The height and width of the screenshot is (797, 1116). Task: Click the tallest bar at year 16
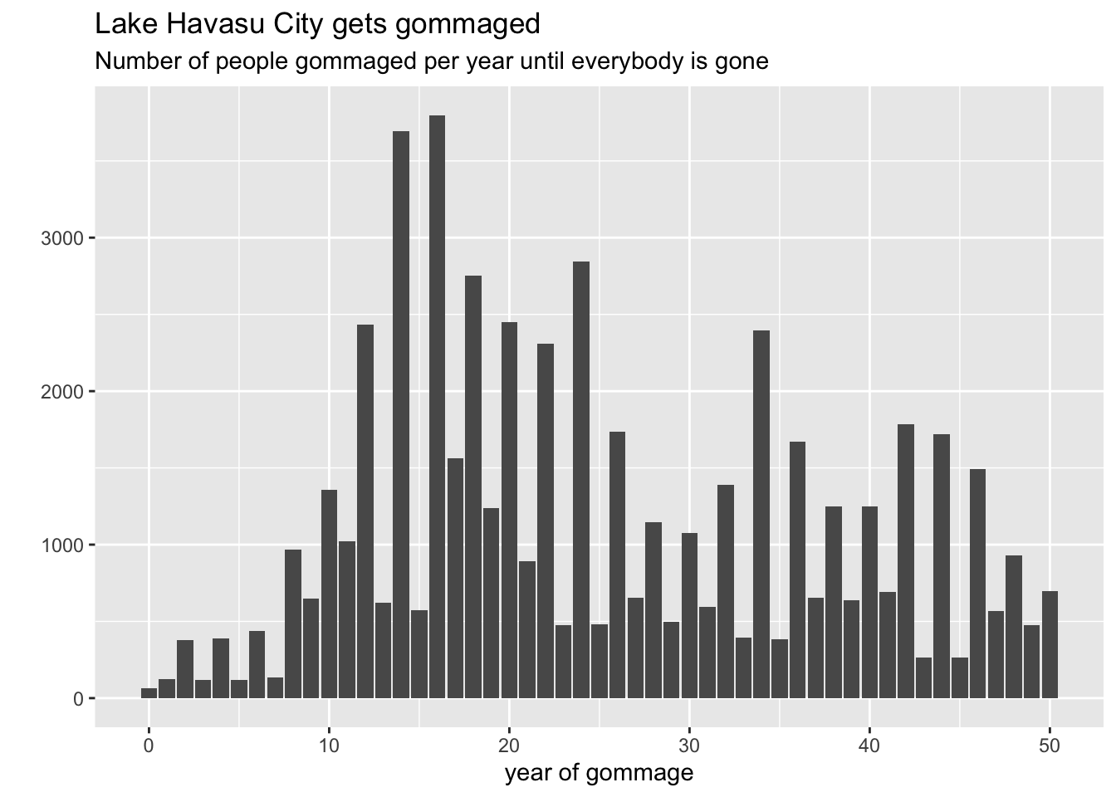point(437,407)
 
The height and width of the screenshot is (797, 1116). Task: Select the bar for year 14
point(401,415)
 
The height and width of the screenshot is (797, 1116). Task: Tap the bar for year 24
point(581,480)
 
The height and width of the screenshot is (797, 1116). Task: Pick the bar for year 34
point(761,515)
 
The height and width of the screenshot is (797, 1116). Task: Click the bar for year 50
point(1050,644)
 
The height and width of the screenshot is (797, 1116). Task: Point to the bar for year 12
point(365,511)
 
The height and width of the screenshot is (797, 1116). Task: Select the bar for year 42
point(906,561)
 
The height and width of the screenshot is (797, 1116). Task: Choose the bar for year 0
point(149,693)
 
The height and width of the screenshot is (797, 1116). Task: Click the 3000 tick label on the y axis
point(62,239)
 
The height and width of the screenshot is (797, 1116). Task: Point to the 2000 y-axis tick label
point(62,392)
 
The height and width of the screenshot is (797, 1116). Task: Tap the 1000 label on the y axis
point(62,545)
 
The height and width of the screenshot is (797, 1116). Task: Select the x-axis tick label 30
point(689,746)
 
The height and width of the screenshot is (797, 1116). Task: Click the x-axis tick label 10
point(329,746)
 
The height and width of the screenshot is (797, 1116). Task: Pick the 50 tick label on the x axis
point(1050,746)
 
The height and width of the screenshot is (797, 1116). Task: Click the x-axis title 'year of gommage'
point(599,774)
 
